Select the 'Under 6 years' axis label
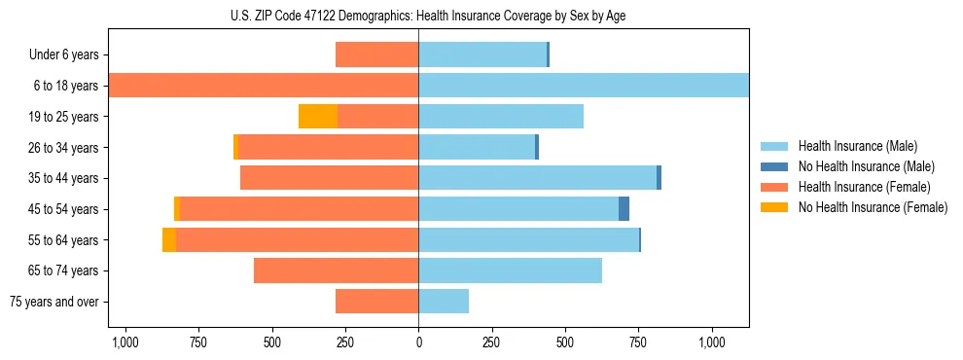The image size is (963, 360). (x=71, y=55)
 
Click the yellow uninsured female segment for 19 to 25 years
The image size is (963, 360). (x=318, y=117)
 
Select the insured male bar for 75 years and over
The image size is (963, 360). (x=444, y=302)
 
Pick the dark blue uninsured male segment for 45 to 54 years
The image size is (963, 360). (x=624, y=209)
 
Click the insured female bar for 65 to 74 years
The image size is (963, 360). (x=336, y=270)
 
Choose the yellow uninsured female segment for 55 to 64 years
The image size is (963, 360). (x=169, y=240)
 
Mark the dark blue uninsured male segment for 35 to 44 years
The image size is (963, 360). (x=659, y=178)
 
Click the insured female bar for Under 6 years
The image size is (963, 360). (x=376, y=55)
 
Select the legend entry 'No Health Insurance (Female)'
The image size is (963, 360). (x=872, y=207)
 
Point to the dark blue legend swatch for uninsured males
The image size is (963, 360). (x=774, y=166)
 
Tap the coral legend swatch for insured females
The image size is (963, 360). (x=774, y=187)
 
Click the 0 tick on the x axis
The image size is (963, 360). (x=418, y=342)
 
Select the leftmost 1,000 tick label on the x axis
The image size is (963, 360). (x=125, y=342)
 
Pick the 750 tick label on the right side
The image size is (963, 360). (x=638, y=342)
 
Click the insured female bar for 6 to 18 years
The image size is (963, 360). (x=263, y=86)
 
